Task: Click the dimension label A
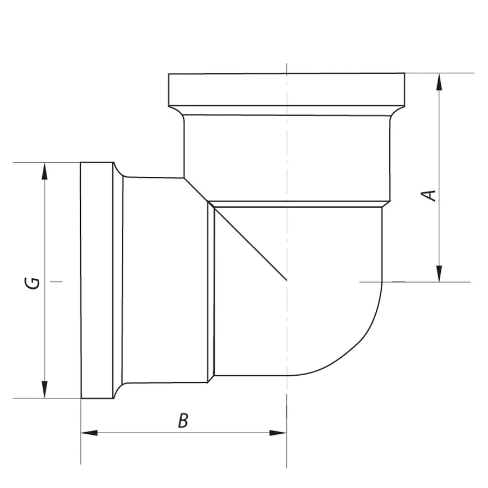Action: [x=430, y=195]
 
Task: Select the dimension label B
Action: [x=183, y=421]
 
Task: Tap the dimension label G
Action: [x=34, y=282]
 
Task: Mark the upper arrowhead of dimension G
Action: [x=44, y=171]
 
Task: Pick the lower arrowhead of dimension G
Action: [x=44, y=390]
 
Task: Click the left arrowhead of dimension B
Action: [x=89, y=433]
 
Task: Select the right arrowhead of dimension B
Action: [x=278, y=433]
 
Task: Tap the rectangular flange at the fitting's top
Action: [x=286, y=90]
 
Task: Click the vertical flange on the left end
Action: [x=97, y=280]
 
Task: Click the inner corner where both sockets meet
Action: [x=184, y=178]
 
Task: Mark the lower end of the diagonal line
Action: [x=286, y=280]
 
